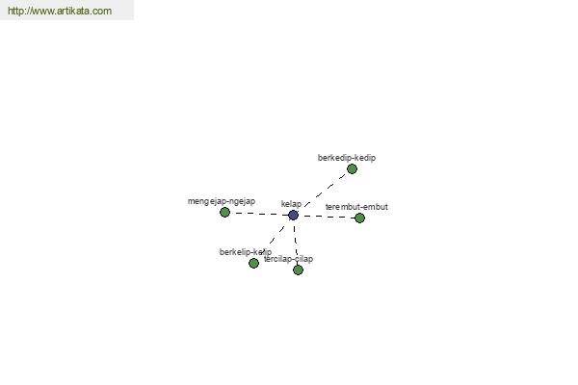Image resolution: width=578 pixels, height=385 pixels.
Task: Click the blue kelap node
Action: (x=293, y=215)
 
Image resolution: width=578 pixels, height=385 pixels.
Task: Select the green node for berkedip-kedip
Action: (x=352, y=168)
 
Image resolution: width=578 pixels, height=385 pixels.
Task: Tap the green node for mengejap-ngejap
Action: (x=224, y=212)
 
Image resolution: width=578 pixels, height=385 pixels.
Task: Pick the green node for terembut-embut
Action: (x=359, y=218)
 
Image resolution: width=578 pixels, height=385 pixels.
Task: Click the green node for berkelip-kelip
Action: (x=253, y=263)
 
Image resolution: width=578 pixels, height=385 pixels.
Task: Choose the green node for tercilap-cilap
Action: (x=298, y=269)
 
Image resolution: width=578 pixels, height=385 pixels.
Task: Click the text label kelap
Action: (x=291, y=204)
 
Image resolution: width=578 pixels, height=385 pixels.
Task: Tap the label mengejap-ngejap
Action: (x=222, y=201)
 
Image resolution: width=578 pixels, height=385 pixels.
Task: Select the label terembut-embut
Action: (x=356, y=207)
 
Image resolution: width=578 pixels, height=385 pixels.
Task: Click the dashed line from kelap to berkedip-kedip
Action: (x=323, y=192)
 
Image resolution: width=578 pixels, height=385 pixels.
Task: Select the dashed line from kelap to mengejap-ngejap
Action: (x=258, y=213)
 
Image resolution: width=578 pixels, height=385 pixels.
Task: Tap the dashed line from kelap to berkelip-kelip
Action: (x=274, y=239)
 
